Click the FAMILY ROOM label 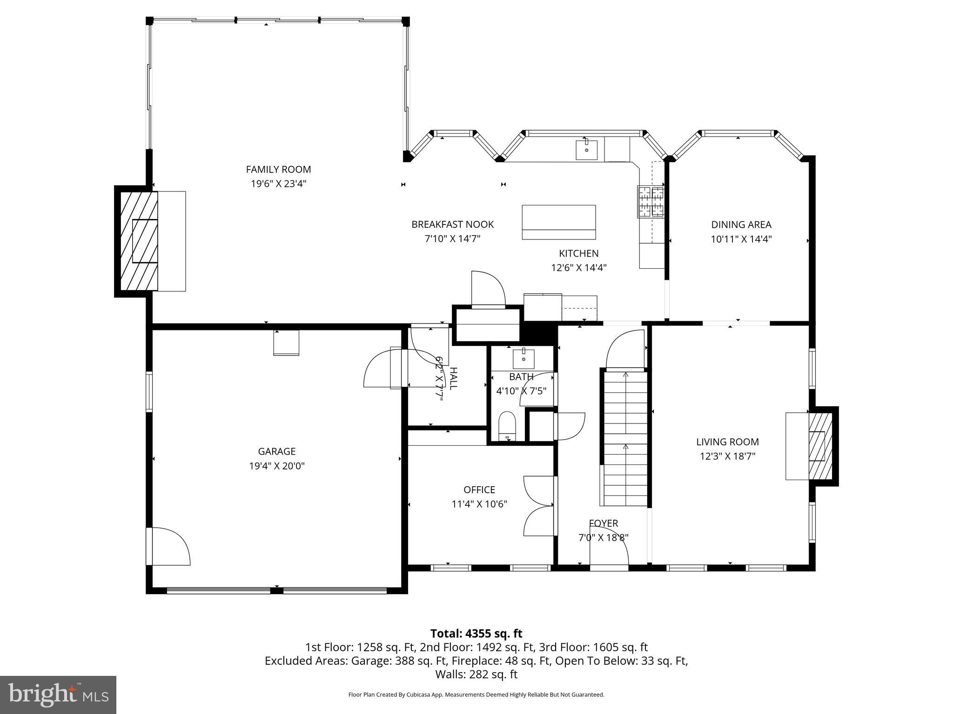[x=278, y=169]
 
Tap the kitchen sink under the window [x=586, y=149]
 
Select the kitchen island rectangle [x=558, y=222]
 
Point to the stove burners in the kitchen [x=651, y=202]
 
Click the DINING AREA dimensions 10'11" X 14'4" [x=741, y=239]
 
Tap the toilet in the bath [x=507, y=425]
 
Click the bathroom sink [x=523, y=359]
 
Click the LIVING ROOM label [x=727, y=442]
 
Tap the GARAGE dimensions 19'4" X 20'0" [x=277, y=466]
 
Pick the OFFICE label [x=479, y=489]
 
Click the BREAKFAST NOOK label [x=452, y=225]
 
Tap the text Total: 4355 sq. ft [x=476, y=634]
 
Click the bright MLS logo [x=58, y=694]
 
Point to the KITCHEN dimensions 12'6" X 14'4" [x=578, y=268]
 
